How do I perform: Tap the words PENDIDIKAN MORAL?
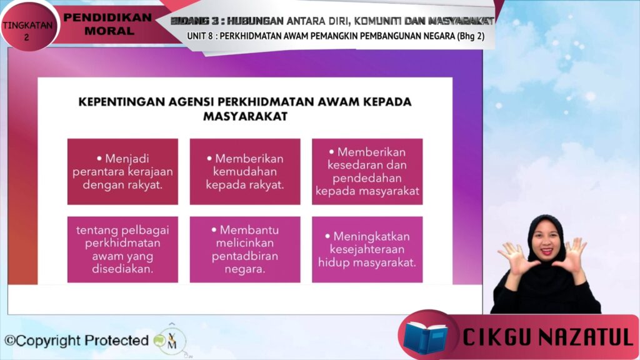click(108, 24)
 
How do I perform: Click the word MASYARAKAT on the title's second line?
click(245, 116)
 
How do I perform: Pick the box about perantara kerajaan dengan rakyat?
click(122, 171)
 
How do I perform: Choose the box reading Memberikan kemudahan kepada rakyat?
click(245, 171)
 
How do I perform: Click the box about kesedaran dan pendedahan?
click(367, 171)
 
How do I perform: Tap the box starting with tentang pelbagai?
click(122, 249)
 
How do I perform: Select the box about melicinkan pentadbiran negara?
click(245, 249)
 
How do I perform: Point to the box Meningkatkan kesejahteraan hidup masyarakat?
click(367, 249)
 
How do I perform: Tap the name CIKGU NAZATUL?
click(547, 337)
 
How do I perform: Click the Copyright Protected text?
click(76, 341)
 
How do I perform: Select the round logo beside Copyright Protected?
click(171, 341)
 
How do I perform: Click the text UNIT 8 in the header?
click(200, 36)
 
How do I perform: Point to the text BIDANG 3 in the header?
click(196, 21)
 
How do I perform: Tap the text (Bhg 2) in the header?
click(471, 36)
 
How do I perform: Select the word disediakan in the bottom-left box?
click(122, 269)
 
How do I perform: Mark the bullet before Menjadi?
click(99, 158)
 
